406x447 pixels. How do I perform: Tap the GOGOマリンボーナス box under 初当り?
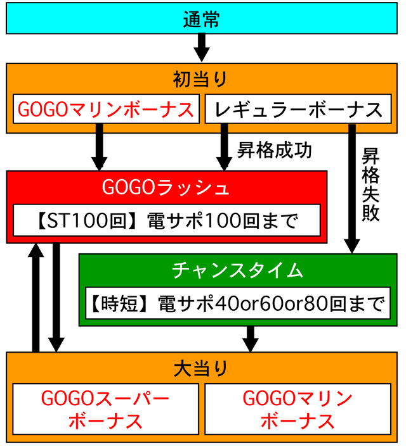coord(106,109)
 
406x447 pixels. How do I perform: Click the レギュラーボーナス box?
coord(298,109)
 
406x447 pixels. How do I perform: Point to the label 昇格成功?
coord(274,151)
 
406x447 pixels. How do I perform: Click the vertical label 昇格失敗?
coord(370,184)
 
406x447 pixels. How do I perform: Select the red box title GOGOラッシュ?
coord(166,188)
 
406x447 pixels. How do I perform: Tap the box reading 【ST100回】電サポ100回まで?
coord(166,222)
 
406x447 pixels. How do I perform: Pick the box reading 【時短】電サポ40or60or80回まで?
coord(238,303)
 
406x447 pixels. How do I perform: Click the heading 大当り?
coord(201,367)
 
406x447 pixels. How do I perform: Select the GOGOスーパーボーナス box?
coord(105,409)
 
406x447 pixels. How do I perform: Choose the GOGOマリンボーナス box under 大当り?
coord(298,409)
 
